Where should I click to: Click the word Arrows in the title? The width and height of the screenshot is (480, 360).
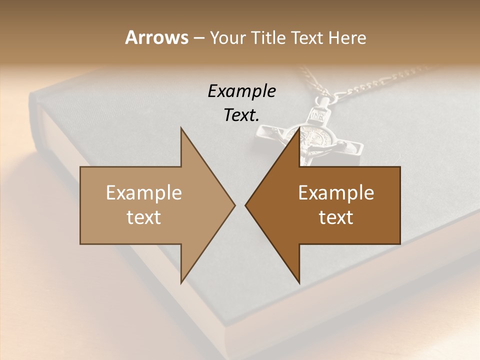coord(156,37)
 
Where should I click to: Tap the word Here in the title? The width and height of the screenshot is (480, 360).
coord(347,38)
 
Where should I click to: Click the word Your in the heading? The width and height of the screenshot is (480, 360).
coord(226,38)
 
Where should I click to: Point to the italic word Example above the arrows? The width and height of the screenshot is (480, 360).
coord(241,91)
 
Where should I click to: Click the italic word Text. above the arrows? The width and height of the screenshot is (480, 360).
coord(241,115)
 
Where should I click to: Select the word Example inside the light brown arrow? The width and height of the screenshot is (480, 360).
coord(143,193)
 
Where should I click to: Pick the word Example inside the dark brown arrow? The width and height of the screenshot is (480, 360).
coord(336,193)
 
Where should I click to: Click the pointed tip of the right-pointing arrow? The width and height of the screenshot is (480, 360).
coord(235,205)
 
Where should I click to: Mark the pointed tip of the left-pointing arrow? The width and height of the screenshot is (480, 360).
coord(245,205)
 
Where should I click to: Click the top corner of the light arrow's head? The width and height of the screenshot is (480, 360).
coord(181,128)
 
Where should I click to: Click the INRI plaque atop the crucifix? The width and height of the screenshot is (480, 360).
coord(318,116)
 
